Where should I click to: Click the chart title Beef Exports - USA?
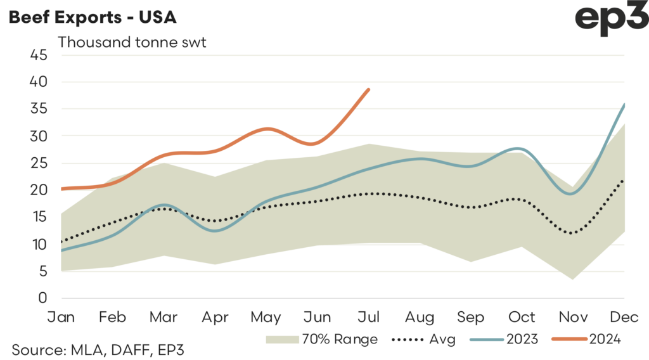tap(92, 17)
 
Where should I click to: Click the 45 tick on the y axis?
tap(39, 55)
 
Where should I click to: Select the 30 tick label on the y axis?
tap(39, 136)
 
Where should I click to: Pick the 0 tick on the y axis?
tap(42, 298)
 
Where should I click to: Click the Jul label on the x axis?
tap(369, 316)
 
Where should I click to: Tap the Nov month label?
tap(574, 316)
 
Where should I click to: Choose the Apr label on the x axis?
tap(215, 316)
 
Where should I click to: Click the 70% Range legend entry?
tap(323, 340)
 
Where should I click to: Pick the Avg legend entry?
tap(425, 340)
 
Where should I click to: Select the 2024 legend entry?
tap(587, 340)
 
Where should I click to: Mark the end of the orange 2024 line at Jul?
tap(369, 89)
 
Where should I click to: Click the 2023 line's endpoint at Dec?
tap(624, 105)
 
